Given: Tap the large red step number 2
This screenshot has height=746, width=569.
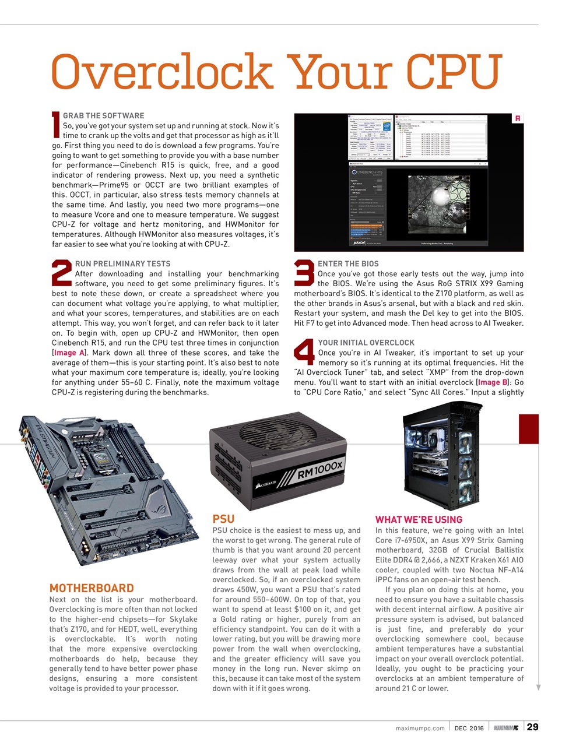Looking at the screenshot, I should click(62, 272).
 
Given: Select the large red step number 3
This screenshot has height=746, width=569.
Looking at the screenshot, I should click(304, 272).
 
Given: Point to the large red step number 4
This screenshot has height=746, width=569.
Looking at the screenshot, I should click(304, 351).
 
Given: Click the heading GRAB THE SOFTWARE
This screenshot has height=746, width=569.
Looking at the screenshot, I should click(103, 115).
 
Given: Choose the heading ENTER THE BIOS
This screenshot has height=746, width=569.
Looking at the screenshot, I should click(348, 263).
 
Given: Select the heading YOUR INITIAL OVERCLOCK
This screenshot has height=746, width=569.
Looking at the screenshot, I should click(366, 343).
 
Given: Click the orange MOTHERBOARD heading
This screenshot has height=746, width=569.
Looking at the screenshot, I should click(92, 588).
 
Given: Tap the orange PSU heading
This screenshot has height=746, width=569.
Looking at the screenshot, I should click(223, 519).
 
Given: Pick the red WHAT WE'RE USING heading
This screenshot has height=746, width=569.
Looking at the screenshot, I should click(419, 519).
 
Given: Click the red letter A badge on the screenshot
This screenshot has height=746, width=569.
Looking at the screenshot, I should click(517, 118).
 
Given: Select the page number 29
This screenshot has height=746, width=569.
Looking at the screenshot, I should click(532, 727).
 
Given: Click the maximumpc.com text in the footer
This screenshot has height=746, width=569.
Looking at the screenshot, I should click(420, 728).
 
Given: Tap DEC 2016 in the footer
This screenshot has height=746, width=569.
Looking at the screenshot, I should click(469, 728).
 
